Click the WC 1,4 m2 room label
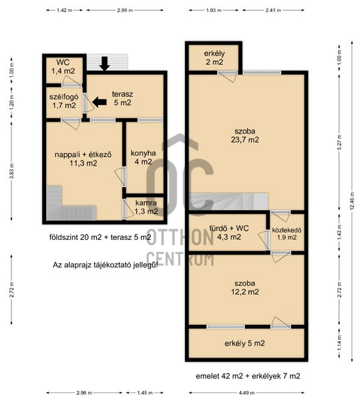point(63,66)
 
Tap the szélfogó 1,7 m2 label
point(64,101)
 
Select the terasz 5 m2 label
point(122,98)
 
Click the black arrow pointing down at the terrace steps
point(104,63)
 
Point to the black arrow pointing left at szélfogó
point(100,102)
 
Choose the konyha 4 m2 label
point(143,157)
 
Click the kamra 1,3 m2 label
point(146,207)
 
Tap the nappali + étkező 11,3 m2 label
point(83,159)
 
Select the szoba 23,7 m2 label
point(245,136)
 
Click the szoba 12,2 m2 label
point(245,287)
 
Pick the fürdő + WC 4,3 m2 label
point(229,233)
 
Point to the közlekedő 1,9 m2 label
point(287,234)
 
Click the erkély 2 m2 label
point(214,57)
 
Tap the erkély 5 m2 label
point(244,344)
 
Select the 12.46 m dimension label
point(352,201)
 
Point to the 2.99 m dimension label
point(125,11)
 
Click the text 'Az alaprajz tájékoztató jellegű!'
point(106,265)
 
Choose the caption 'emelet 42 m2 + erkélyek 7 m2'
point(248,376)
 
